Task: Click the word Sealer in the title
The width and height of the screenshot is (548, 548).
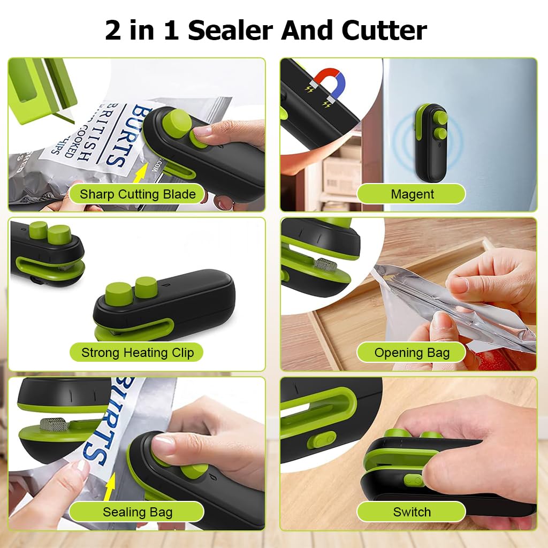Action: coord(231,30)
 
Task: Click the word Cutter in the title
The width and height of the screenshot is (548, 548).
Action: coord(384,30)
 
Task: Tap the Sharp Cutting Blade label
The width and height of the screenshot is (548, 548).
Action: coord(138,194)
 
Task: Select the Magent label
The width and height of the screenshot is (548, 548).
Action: coord(412,194)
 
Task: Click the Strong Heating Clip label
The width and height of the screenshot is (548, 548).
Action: coord(138,352)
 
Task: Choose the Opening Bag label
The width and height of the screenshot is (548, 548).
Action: coord(412,353)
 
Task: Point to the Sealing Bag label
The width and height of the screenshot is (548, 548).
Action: coord(138,512)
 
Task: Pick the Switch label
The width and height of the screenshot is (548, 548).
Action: coord(412,512)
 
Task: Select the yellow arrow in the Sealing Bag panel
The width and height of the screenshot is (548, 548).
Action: coord(110,487)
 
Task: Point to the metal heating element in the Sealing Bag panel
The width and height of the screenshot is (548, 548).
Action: coord(53,424)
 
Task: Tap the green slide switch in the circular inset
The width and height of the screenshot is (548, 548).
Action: coord(322,440)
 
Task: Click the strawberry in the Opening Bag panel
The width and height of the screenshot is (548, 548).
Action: coord(493,360)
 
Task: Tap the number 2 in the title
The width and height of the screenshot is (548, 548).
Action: coord(113,30)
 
